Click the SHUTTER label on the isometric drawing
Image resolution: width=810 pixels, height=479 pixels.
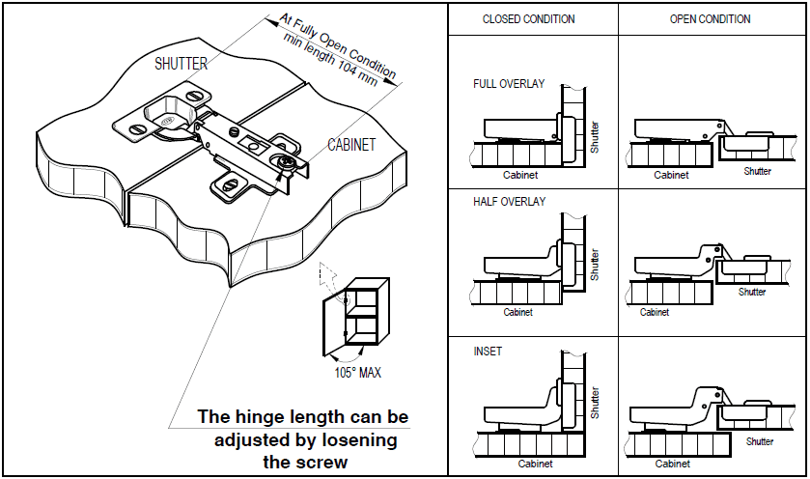181,64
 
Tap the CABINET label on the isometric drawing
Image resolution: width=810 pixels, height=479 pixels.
351,145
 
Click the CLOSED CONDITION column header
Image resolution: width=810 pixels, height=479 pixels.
528,19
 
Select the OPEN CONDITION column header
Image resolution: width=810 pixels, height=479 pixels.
710,19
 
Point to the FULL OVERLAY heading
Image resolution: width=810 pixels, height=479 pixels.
509,84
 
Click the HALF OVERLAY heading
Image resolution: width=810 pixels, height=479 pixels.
510,202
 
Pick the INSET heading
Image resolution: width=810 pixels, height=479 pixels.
488,352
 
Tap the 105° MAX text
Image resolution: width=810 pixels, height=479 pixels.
357,373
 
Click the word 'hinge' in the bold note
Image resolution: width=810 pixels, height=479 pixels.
260,417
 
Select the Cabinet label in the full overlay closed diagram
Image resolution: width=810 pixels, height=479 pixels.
520,175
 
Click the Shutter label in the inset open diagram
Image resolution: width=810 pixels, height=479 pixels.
760,441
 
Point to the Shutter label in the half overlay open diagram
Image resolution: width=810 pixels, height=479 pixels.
752,292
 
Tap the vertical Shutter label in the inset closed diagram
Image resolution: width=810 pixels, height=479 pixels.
595,403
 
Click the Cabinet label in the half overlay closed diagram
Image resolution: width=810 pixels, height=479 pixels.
517,312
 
